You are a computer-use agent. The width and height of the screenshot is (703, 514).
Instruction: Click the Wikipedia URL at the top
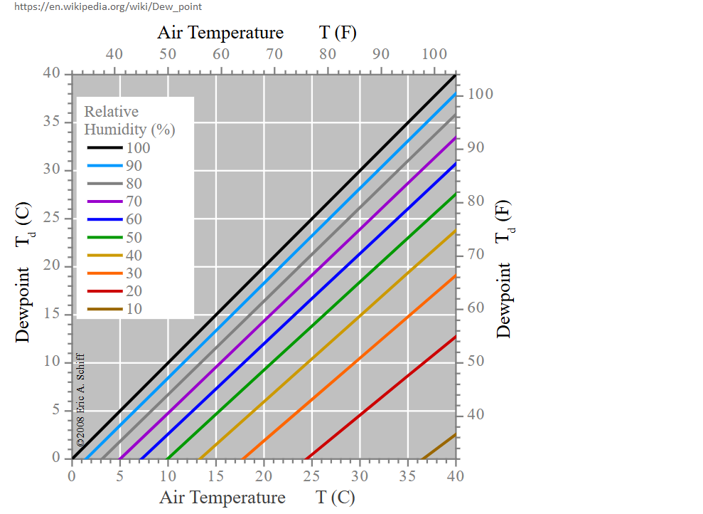coord(107,6)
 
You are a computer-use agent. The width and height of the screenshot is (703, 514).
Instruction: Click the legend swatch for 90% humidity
coord(104,166)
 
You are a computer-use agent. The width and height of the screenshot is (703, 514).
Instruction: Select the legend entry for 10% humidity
coord(114,309)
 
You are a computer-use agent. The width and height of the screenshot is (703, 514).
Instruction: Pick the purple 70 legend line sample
coord(104,201)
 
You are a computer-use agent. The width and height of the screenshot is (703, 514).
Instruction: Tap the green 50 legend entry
coord(114,237)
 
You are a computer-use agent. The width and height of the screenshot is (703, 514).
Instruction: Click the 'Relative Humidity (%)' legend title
coord(129,120)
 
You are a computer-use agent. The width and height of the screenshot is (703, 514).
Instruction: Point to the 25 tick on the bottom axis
coord(311,476)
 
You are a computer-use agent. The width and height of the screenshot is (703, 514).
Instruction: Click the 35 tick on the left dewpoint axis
coord(52,122)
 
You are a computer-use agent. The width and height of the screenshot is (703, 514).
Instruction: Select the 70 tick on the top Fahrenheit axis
coord(274,54)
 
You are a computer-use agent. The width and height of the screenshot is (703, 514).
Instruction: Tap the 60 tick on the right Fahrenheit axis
coord(476,308)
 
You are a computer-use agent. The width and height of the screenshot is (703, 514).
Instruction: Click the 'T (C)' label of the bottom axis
coord(336,498)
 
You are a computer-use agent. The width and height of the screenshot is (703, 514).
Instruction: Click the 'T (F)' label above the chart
coord(338,33)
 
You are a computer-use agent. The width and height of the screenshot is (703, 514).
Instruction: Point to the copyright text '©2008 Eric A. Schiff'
coord(80,399)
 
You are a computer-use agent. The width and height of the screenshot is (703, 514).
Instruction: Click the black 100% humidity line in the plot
coord(264,267)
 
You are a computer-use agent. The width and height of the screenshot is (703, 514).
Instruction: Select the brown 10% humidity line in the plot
coord(438,446)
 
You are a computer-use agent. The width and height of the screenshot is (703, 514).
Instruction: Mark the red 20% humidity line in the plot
coord(380,397)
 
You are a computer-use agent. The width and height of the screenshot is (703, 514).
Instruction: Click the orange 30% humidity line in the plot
coord(349,367)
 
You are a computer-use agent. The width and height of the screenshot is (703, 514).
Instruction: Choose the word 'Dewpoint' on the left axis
coord(22,305)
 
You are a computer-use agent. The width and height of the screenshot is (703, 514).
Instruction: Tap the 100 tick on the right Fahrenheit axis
coord(481,94)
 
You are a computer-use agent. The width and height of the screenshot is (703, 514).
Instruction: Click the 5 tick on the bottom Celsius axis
coord(119,476)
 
